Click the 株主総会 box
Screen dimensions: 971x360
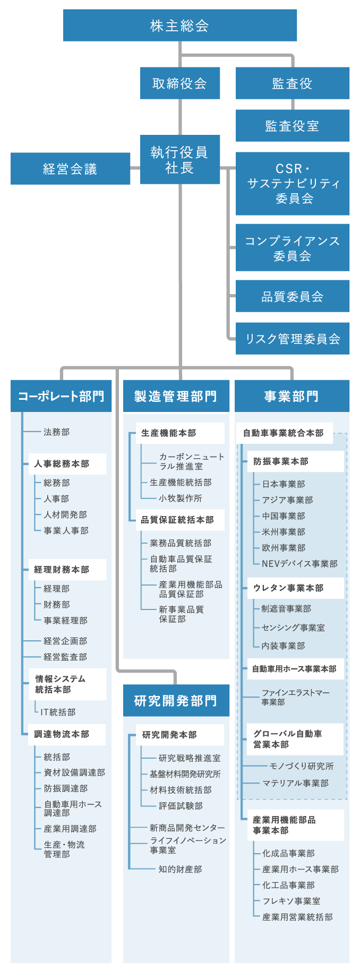coord(179,25)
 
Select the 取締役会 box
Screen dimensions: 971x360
coord(179,83)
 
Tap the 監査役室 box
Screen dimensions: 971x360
coord(292,126)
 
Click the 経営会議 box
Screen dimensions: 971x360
coord(70,169)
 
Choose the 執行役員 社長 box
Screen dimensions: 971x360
coord(179,160)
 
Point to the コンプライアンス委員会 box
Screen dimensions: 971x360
coord(292,248)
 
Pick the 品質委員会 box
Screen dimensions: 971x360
coord(292,296)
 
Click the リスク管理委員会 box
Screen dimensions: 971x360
coord(292,339)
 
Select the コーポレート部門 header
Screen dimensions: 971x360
coord(61,396)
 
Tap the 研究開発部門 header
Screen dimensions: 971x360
coord(176,701)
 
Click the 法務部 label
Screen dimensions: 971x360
coord(56,432)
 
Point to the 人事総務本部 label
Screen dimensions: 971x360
coord(62,464)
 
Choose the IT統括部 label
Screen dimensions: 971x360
coord(58,712)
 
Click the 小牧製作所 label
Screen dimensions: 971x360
coord(180,498)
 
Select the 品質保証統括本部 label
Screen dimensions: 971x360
coord(177,520)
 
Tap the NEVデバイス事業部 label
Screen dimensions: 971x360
coord(299,564)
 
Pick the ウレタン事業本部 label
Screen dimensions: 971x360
coord(288,588)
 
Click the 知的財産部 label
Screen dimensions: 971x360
coord(180,869)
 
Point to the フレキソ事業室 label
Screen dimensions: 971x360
coord(291,901)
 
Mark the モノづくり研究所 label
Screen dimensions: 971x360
coord(302,766)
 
